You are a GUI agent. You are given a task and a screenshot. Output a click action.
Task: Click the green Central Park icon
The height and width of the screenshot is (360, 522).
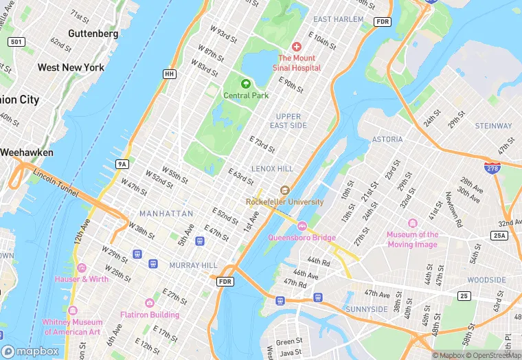[245, 84]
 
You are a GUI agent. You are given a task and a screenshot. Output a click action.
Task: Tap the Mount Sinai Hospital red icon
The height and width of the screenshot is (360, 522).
[297, 47]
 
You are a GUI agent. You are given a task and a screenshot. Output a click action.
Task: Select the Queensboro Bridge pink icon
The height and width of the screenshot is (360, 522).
[302, 227]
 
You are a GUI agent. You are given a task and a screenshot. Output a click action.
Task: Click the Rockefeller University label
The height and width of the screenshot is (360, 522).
[284, 202]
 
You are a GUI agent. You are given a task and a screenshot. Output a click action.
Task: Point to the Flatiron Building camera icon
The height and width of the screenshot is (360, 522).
[149, 303]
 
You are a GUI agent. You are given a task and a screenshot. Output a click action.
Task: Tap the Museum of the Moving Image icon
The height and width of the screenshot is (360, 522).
[412, 223]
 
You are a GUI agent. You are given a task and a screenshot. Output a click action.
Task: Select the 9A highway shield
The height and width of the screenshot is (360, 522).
[122, 164]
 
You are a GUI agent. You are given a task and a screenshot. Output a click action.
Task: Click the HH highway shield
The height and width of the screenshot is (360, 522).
[169, 74]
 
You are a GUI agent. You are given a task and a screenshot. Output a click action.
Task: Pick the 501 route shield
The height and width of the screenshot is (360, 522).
[16, 43]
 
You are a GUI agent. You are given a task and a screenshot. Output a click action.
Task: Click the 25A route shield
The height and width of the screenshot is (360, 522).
[499, 236]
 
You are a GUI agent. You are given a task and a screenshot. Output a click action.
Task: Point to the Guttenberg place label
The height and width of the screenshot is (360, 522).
[93, 33]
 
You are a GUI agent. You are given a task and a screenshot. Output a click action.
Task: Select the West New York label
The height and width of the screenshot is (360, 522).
[71, 67]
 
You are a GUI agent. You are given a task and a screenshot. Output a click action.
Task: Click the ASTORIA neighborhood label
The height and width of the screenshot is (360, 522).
[387, 139]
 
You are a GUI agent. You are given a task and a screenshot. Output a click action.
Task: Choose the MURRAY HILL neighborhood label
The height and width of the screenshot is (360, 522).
[194, 265]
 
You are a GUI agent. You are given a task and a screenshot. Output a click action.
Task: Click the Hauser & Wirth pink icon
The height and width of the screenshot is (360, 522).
[82, 268]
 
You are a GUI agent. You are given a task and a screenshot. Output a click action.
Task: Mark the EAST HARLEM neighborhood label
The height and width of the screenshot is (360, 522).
[338, 19]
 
